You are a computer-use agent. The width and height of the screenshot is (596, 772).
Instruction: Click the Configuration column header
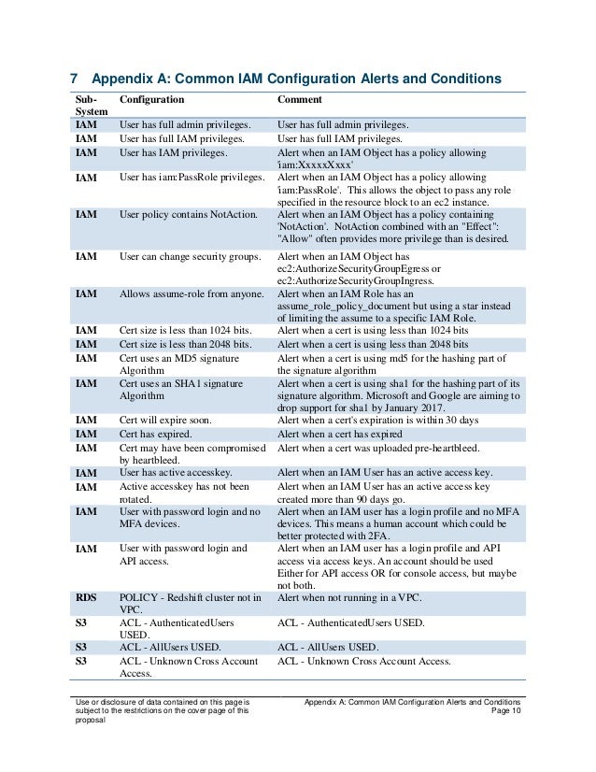[151, 99]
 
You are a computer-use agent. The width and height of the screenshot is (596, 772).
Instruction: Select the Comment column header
[300, 99]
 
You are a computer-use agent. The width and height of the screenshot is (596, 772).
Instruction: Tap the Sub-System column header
[87, 106]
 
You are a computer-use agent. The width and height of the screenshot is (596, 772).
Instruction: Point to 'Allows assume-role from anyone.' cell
[192, 293]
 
